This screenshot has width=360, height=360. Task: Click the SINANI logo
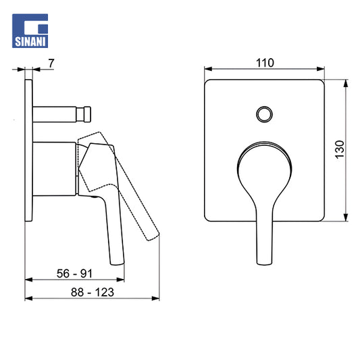(30, 31)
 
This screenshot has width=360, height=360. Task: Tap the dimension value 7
(51, 63)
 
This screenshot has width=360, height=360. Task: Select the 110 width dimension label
(265, 63)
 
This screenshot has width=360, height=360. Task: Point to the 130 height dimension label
(339, 149)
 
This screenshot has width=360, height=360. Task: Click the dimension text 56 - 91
(74, 274)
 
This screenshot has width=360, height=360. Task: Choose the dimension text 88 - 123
(93, 292)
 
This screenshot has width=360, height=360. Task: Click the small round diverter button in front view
(265, 114)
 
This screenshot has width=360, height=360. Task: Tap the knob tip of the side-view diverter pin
(87, 114)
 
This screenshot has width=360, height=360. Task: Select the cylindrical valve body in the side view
(55, 169)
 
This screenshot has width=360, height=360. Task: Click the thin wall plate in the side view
(28, 151)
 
